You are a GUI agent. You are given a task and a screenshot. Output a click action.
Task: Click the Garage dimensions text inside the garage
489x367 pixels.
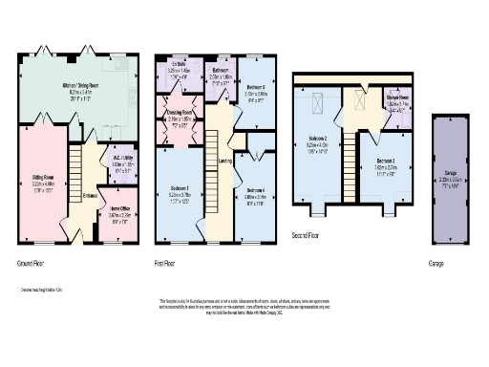(x=447, y=179)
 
